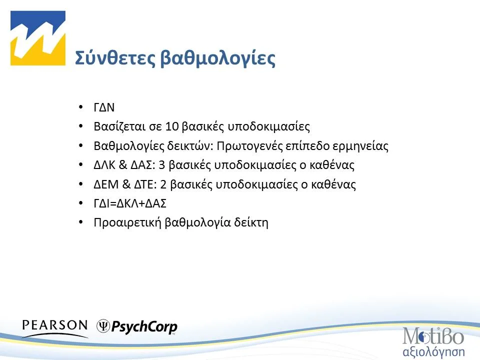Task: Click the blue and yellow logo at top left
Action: (x=39, y=38)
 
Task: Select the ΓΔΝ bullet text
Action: (x=104, y=108)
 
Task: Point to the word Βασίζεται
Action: (x=118, y=127)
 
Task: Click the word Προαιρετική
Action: (x=127, y=222)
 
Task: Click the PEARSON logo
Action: (x=54, y=325)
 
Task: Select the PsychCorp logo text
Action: (x=144, y=327)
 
